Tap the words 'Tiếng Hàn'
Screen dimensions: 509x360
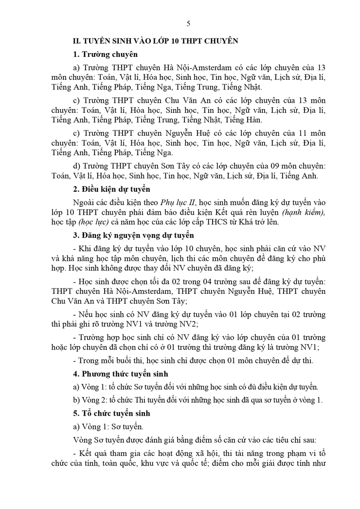pos(246,120)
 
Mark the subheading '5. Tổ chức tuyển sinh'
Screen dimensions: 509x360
pos(111,413)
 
